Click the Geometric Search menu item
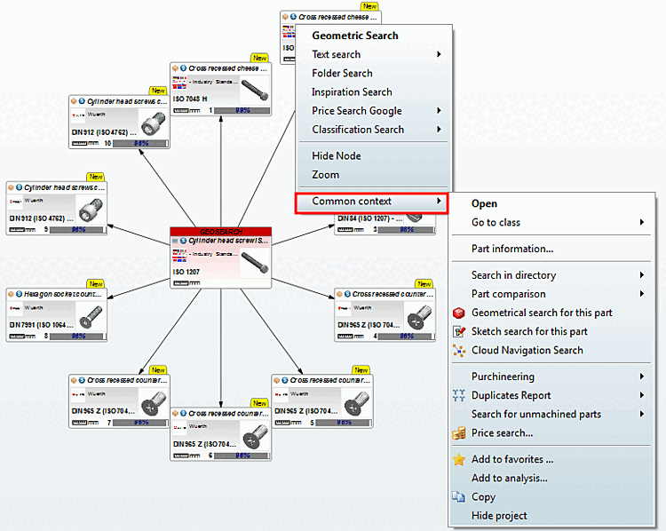pos(354,36)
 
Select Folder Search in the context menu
pos(342,74)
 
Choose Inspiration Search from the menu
pos(352,92)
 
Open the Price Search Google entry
pos(356,111)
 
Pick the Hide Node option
pos(336,156)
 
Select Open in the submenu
pos(484,204)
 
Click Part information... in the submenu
pos(511,249)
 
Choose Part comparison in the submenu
pos(508,294)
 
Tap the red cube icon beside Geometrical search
pos(459,313)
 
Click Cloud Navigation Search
pos(527,350)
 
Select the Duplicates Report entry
pos(511,395)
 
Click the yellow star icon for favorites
pos(459,459)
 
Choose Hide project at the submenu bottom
pos(499,516)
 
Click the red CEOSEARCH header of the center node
pos(220,232)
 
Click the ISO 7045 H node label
pos(191,99)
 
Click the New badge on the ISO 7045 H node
pos(259,56)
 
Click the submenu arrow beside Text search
pos(439,55)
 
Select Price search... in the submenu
pos(502,433)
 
